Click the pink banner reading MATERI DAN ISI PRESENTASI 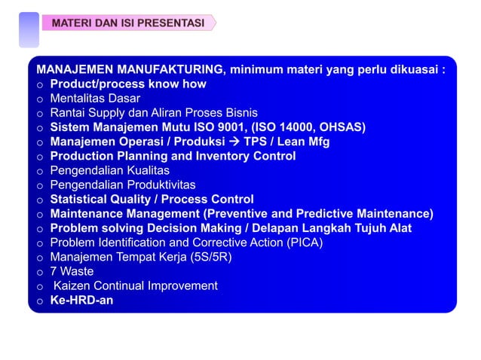[x=128, y=23]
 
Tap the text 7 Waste [x=72, y=271]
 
